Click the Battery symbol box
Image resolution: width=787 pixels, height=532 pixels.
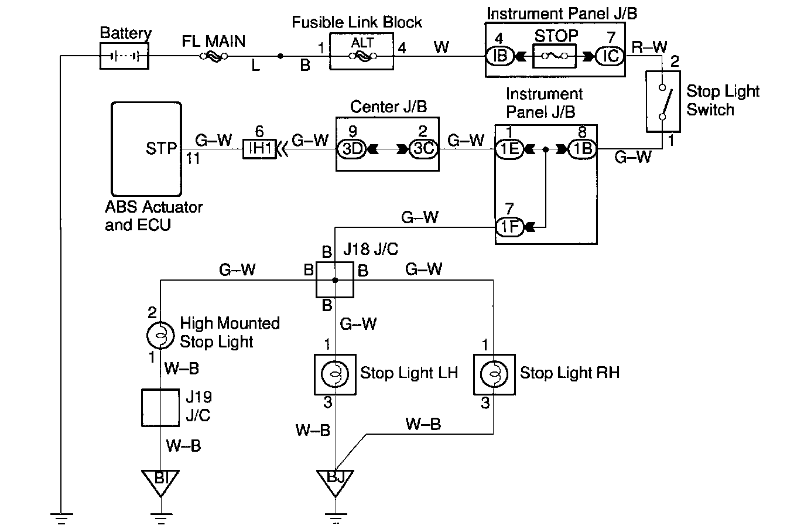pyautogui.click(x=124, y=57)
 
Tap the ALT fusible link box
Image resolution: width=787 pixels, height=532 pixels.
pyautogui.click(x=362, y=52)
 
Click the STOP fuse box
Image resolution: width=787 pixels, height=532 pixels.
pyautogui.click(x=556, y=57)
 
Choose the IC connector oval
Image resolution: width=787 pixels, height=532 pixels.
pyautogui.click(x=610, y=57)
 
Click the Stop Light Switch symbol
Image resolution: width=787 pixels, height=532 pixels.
pyautogui.click(x=663, y=101)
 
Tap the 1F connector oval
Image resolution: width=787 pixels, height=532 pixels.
pyautogui.click(x=510, y=226)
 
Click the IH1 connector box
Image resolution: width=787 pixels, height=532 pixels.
pyautogui.click(x=259, y=149)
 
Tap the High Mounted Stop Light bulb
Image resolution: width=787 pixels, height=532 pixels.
pyautogui.click(x=160, y=336)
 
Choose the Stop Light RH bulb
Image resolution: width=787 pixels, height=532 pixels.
pyautogui.click(x=494, y=373)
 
